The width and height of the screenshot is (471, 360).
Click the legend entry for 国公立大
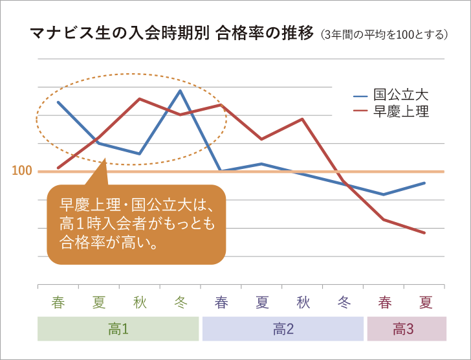click(x=391, y=95)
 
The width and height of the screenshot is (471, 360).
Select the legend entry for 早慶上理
click(x=391, y=111)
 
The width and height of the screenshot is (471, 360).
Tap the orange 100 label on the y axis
click(x=22, y=172)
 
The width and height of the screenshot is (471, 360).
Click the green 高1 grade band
click(x=118, y=329)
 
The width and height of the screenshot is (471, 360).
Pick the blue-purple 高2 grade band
click(x=283, y=329)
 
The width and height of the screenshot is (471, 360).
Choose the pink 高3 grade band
click(x=406, y=329)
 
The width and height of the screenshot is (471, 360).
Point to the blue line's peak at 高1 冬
click(x=180, y=90)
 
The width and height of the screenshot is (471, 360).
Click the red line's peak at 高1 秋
click(x=140, y=99)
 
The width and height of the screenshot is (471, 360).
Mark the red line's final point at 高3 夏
click(x=424, y=233)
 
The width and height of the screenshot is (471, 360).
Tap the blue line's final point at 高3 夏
click(x=424, y=183)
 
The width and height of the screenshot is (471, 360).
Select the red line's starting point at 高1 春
click(x=58, y=168)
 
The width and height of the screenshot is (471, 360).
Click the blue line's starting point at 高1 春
click(x=58, y=102)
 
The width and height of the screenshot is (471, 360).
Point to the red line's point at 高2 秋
click(x=302, y=119)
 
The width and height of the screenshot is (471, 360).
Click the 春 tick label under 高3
click(x=385, y=302)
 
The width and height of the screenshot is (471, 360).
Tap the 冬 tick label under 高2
click(x=344, y=302)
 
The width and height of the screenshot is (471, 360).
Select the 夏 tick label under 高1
click(x=99, y=302)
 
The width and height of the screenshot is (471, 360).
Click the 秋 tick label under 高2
click(x=303, y=302)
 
